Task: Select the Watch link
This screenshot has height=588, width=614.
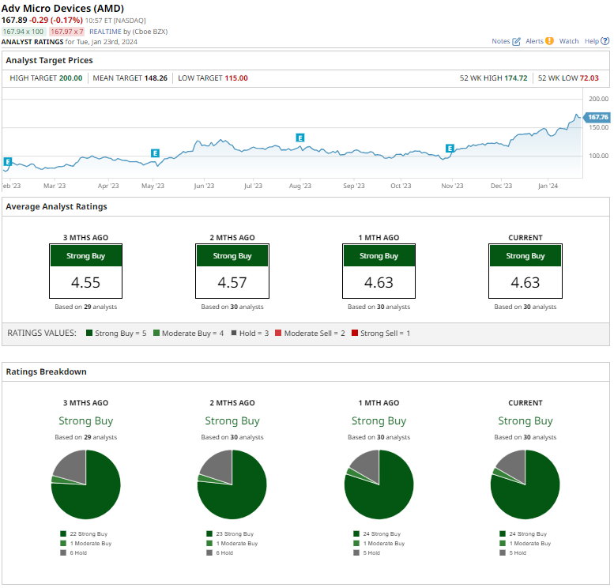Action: pos(568,41)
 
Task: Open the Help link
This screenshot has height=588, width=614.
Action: pos(593,41)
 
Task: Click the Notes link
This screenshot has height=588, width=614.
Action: pos(506,41)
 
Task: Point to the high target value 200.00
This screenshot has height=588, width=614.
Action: pos(70,78)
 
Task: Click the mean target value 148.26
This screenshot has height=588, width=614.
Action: pos(156,78)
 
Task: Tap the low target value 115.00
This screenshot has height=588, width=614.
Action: pos(235,78)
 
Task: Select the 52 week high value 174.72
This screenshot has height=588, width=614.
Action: pos(513,78)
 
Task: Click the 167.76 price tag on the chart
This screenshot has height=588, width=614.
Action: pos(597,117)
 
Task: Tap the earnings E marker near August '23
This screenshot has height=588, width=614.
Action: pos(300,138)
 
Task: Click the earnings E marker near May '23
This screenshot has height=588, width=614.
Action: pos(155,153)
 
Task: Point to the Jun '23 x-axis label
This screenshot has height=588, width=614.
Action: pos(204,186)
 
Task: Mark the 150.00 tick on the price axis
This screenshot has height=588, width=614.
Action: pos(598,127)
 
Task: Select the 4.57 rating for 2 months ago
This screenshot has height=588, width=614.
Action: pos(232,282)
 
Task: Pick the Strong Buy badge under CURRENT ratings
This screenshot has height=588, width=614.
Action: pos(525,256)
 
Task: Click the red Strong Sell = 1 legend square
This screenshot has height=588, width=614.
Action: pos(355,334)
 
